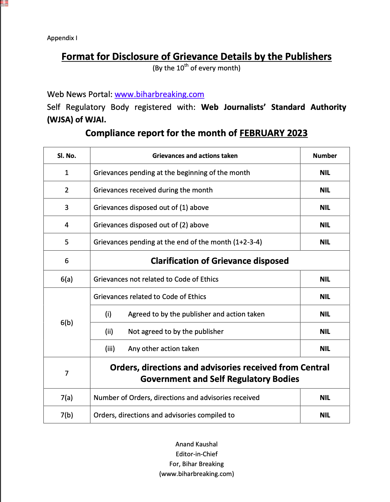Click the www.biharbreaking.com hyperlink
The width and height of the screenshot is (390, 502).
pos(159,94)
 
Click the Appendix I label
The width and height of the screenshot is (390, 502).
pos(62,38)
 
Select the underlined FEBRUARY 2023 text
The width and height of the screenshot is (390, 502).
pos(273,133)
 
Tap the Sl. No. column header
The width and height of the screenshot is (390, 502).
pos(66,156)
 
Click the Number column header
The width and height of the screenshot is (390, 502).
pos(325,156)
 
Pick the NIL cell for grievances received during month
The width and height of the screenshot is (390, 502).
pos(325,190)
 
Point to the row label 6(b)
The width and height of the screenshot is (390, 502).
pos(66,322)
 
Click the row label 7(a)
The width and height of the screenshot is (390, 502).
pos(66,397)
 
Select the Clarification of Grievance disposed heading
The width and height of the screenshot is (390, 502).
pos(219,261)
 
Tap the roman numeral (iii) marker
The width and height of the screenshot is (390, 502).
pos(110,349)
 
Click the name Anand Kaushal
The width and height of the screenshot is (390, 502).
pos(196,444)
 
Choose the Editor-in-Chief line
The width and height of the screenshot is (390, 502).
pos(196,454)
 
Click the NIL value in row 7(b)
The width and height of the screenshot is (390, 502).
pos(325,415)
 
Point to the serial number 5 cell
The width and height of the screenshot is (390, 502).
pos(66,242)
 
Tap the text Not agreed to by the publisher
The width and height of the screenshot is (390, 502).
pos(176,332)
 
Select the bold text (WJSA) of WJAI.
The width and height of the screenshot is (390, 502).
pos(76,120)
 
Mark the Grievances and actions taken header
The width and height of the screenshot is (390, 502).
pos(195,156)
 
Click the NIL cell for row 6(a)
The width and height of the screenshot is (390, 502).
pos(325,279)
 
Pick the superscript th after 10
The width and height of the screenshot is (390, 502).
pos(186,65)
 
